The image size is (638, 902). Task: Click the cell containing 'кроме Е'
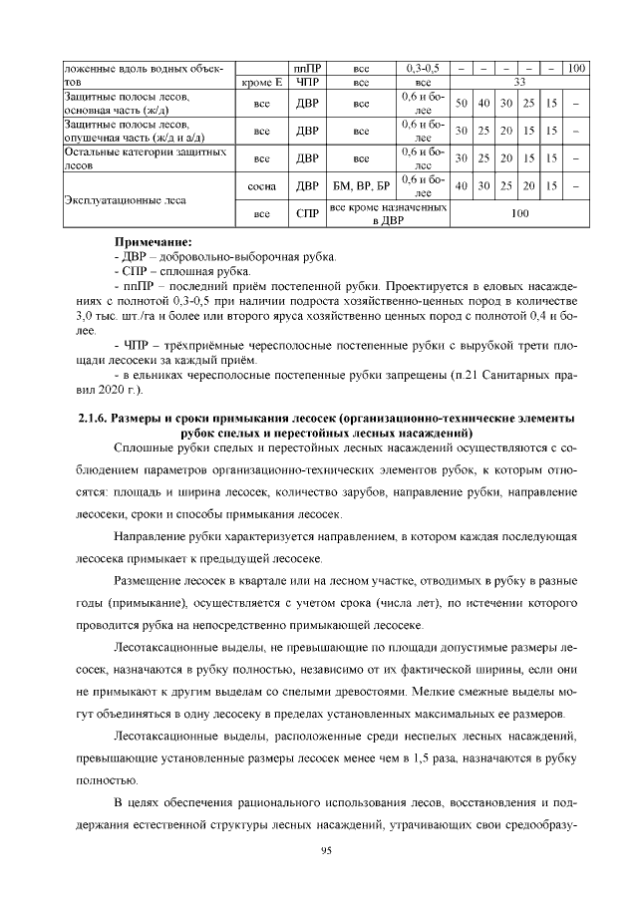coord(263,83)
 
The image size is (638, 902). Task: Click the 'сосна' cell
coord(263,185)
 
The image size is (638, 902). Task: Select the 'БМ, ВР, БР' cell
coord(361,185)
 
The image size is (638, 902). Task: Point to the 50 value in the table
coord(462,104)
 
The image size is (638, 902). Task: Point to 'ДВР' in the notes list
coord(135,256)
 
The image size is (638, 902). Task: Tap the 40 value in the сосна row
coord(462,185)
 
